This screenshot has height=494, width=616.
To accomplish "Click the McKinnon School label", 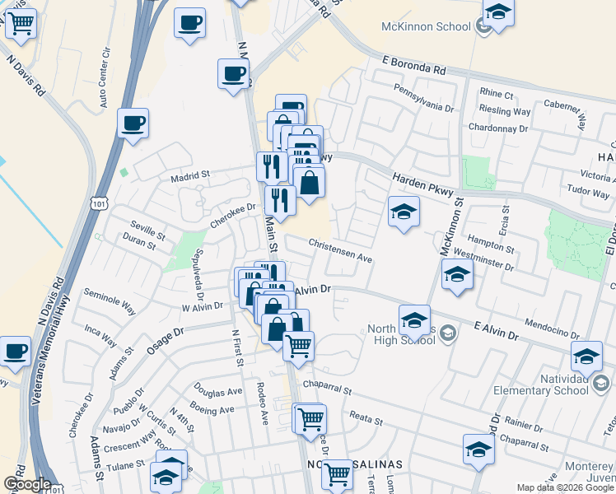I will (x=426, y=26).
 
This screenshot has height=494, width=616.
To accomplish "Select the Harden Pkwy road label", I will (x=419, y=178).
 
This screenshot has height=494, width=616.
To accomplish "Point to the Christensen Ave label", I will (x=341, y=250).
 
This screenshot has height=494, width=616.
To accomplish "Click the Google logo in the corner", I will (x=26, y=484).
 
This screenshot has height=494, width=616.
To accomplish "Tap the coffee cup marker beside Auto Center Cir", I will (x=133, y=124).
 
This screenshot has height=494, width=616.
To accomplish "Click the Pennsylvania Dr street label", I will (x=423, y=97).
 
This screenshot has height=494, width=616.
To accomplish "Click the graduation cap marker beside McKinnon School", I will (x=497, y=12).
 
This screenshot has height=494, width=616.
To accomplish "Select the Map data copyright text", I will (x=564, y=487).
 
